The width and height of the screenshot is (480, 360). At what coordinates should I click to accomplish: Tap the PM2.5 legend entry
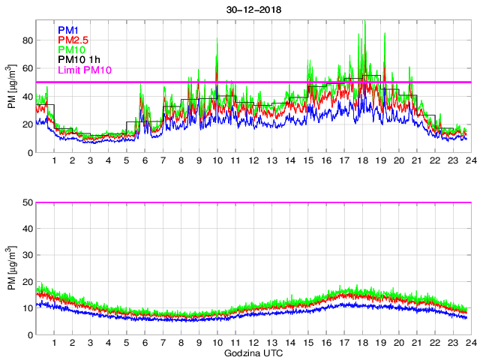72,40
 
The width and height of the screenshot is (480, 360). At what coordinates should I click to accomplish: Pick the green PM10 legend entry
70,50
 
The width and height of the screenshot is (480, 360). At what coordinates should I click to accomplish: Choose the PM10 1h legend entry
78,61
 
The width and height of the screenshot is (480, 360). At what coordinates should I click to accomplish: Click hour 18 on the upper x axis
362,161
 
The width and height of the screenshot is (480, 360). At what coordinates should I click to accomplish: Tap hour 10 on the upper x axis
217,161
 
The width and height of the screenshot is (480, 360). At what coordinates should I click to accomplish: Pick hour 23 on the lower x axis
450,343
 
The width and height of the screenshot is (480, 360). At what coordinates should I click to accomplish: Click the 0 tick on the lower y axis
27,335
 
